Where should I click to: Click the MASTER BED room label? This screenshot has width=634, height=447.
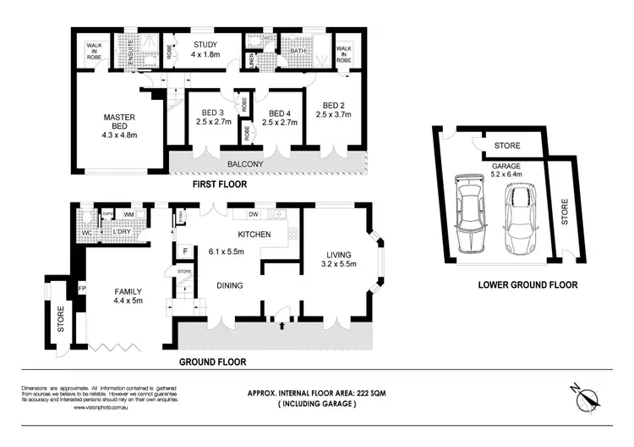(x=119, y=125)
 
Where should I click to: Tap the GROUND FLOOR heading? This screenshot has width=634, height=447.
(x=212, y=361)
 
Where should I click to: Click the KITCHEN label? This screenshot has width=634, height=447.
(x=253, y=235)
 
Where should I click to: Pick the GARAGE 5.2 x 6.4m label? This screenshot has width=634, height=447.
(x=507, y=174)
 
